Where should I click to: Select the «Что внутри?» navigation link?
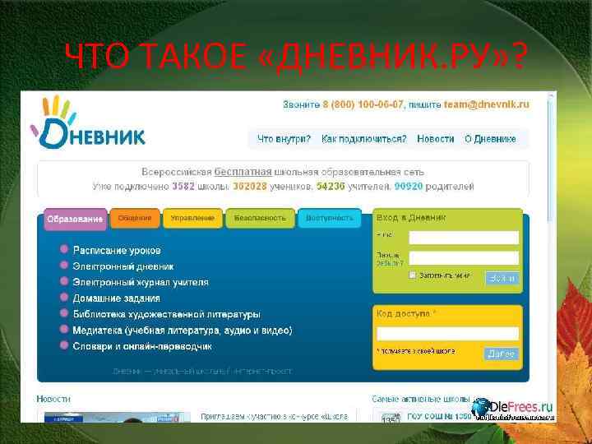pos(284,139)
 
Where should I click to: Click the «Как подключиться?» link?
pos(363,139)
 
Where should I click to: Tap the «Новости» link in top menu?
pos(435,139)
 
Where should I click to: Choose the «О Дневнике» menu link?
pos(490,139)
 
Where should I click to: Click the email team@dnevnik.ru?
pos(486,105)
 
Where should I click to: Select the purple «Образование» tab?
pos(75,220)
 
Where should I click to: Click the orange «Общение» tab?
pos(134,218)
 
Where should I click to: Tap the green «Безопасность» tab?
pos(260,218)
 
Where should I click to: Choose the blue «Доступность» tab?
pos(330,218)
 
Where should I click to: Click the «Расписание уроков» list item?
pos(117,250)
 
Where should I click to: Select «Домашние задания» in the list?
pos(116,298)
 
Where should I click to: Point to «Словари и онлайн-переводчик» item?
pos(142,346)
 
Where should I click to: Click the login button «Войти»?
pos(502,278)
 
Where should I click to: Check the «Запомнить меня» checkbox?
pos(413,275)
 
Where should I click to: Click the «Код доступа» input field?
pos(447,333)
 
